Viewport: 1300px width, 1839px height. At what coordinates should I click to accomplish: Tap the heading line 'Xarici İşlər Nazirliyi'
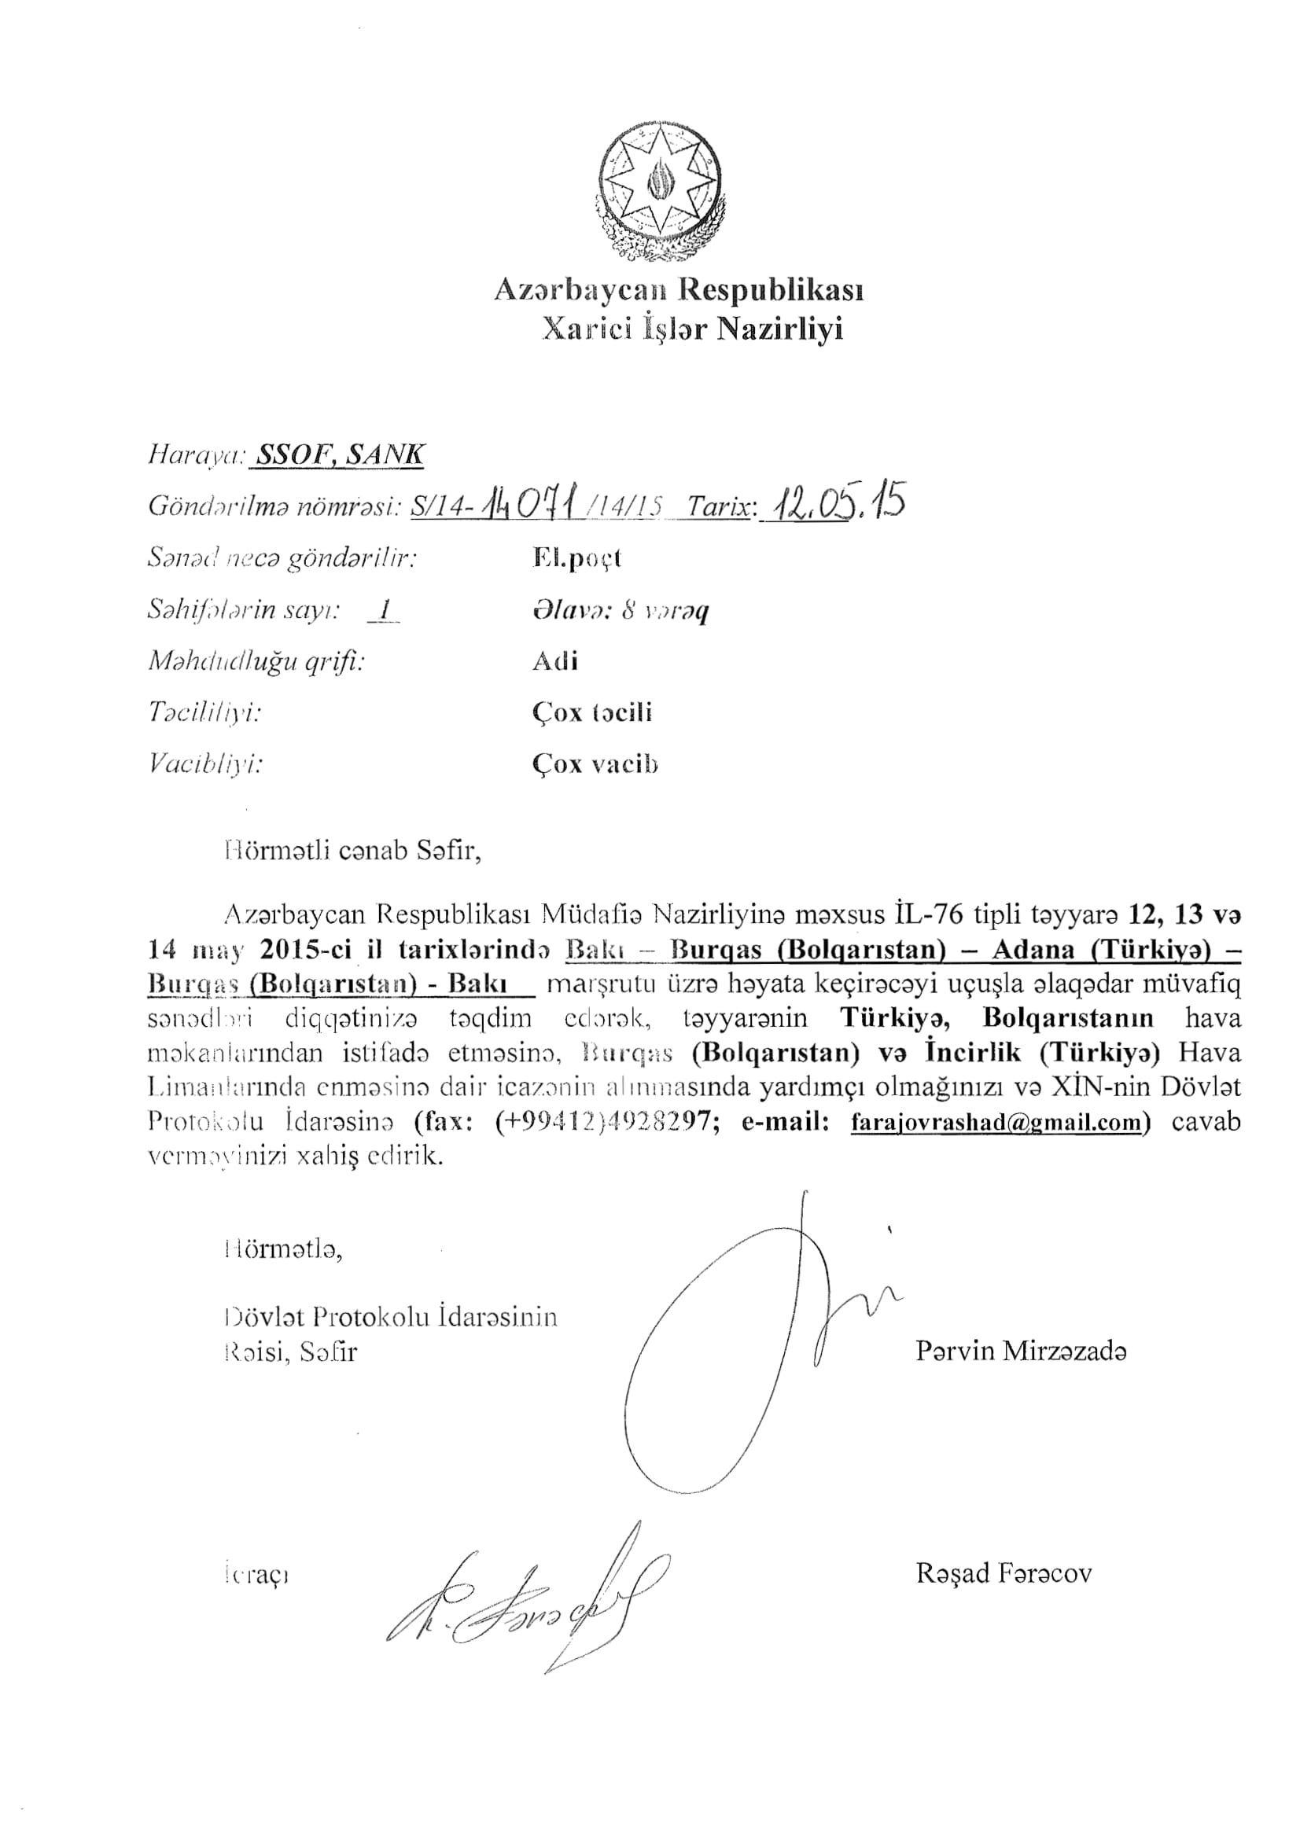tap(692, 329)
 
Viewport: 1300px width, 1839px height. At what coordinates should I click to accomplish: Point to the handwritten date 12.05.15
tap(833, 502)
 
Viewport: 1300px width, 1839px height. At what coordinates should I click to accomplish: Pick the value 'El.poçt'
tap(576, 558)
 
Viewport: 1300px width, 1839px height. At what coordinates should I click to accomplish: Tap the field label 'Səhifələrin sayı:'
tap(244, 610)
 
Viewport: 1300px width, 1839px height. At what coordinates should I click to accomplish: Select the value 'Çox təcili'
tap(592, 712)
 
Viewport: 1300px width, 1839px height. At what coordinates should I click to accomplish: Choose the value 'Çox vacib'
tap(595, 764)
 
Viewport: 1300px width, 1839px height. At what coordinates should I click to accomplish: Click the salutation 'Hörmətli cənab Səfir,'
tap(353, 850)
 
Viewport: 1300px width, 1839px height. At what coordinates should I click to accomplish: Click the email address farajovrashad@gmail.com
tap(995, 1122)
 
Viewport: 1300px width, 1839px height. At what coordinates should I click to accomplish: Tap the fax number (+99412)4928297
tap(602, 1122)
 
